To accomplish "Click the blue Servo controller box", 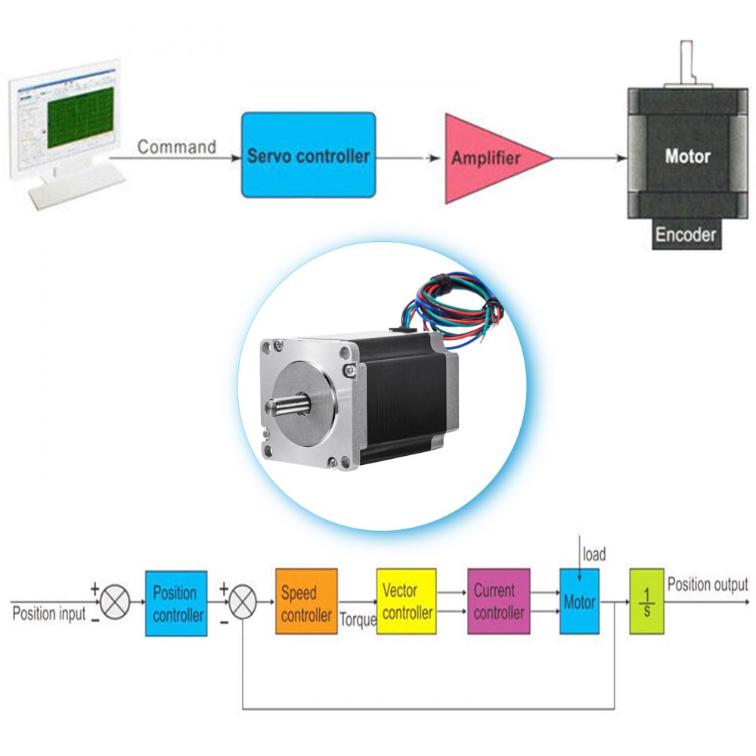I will (x=308, y=155).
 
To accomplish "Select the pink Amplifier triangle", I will (x=488, y=159).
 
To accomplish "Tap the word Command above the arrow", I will (x=177, y=147).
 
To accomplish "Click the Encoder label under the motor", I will (x=685, y=234).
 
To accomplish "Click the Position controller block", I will (x=176, y=603).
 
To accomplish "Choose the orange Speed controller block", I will (x=306, y=603).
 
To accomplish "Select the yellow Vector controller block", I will (x=407, y=602).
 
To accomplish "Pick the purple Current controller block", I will (x=498, y=602).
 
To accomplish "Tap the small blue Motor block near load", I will (x=579, y=603).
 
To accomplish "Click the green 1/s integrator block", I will (x=646, y=602).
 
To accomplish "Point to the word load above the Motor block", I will (x=594, y=555).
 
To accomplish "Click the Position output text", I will (x=707, y=584).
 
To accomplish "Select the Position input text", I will (x=49, y=613).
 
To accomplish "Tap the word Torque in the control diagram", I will (x=358, y=620).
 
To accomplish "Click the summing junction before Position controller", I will (x=115, y=603).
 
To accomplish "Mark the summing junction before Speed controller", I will (x=241, y=603).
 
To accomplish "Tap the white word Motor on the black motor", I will (x=687, y=156).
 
